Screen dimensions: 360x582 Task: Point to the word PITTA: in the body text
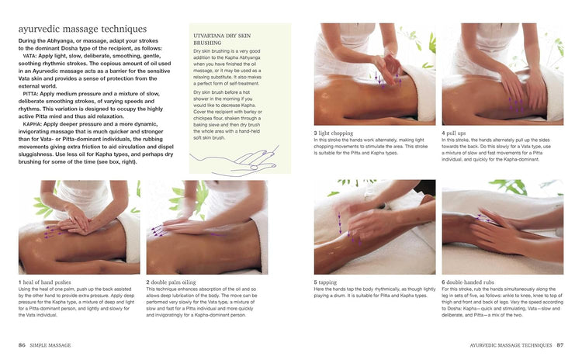click(x=32, y=92)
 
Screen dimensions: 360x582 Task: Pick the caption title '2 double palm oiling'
click(x=175, y=282)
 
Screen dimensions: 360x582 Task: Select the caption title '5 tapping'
click(x=331, y=282)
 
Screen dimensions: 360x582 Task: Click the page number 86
click(x=22, y=344)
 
